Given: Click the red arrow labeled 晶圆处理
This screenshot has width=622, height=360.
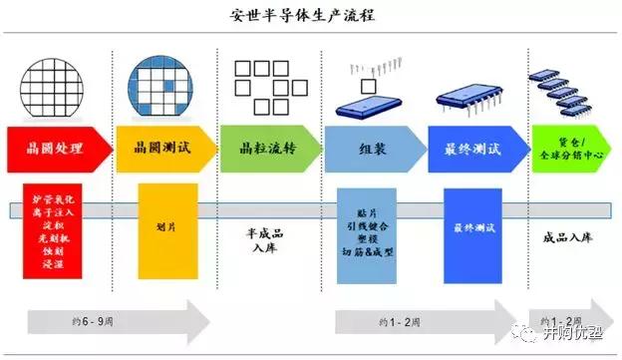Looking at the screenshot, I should pos(56,149).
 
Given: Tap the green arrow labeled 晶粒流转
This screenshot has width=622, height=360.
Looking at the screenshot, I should pos(266,149).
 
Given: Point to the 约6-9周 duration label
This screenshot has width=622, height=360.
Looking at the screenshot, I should pos(80,322).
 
